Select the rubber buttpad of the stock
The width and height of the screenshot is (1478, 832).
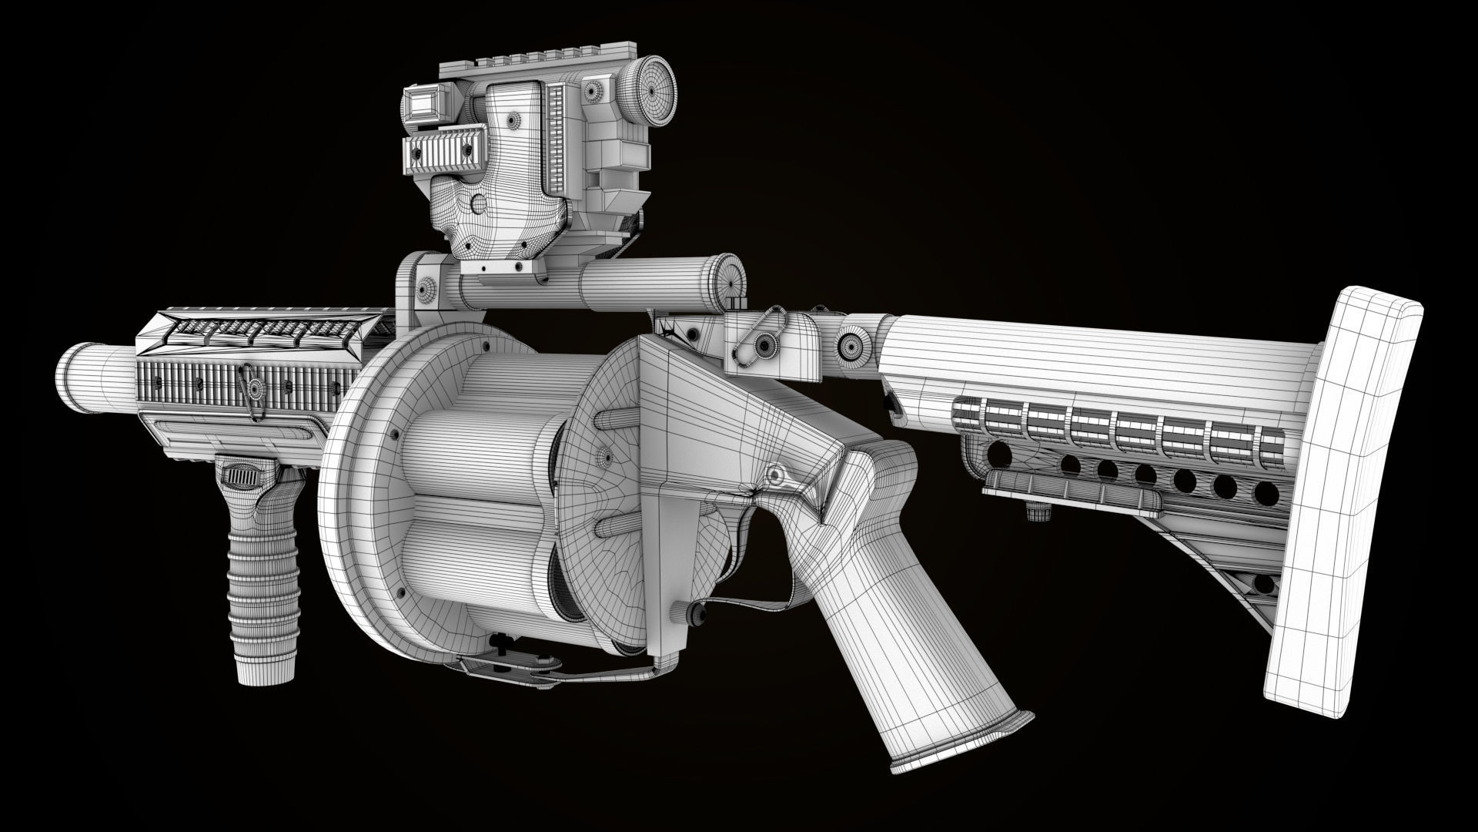click(1343, 493)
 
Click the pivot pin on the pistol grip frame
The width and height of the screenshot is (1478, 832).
click(775, 472)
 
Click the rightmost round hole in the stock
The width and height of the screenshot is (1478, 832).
click(1262, 491)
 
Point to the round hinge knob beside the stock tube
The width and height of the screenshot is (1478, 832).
click(852, 342)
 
